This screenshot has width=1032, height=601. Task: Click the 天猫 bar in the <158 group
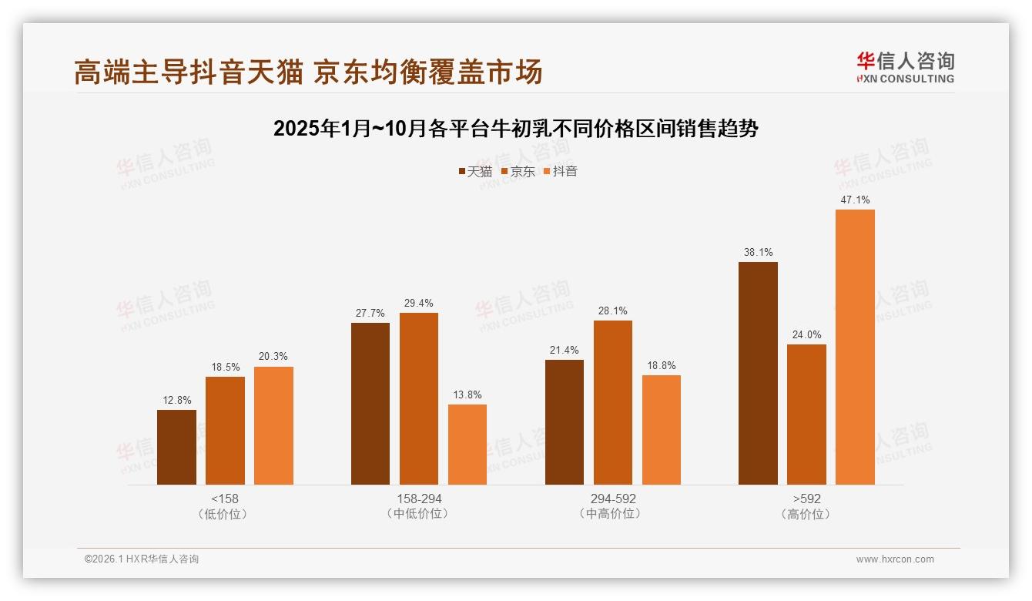176,447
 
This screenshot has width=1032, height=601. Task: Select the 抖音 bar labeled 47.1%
855,347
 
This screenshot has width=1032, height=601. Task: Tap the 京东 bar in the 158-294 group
418,398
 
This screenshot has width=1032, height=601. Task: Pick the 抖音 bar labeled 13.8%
467,445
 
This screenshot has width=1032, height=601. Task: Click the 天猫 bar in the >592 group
758,373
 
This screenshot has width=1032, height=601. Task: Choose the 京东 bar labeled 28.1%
612,402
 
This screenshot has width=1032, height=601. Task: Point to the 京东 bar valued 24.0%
806,415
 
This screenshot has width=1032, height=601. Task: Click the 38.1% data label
758,252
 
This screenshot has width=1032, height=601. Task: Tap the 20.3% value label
273,357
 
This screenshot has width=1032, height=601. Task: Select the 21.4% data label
565,350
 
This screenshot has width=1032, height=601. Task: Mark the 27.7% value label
370,313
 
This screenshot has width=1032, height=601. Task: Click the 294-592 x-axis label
613,499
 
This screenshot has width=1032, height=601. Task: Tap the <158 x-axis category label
225,499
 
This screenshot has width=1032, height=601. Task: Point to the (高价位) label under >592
806,514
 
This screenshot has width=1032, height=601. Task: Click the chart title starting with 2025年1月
516,129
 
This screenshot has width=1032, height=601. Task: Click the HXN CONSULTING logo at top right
905,68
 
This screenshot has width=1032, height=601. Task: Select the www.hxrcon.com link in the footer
895,559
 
